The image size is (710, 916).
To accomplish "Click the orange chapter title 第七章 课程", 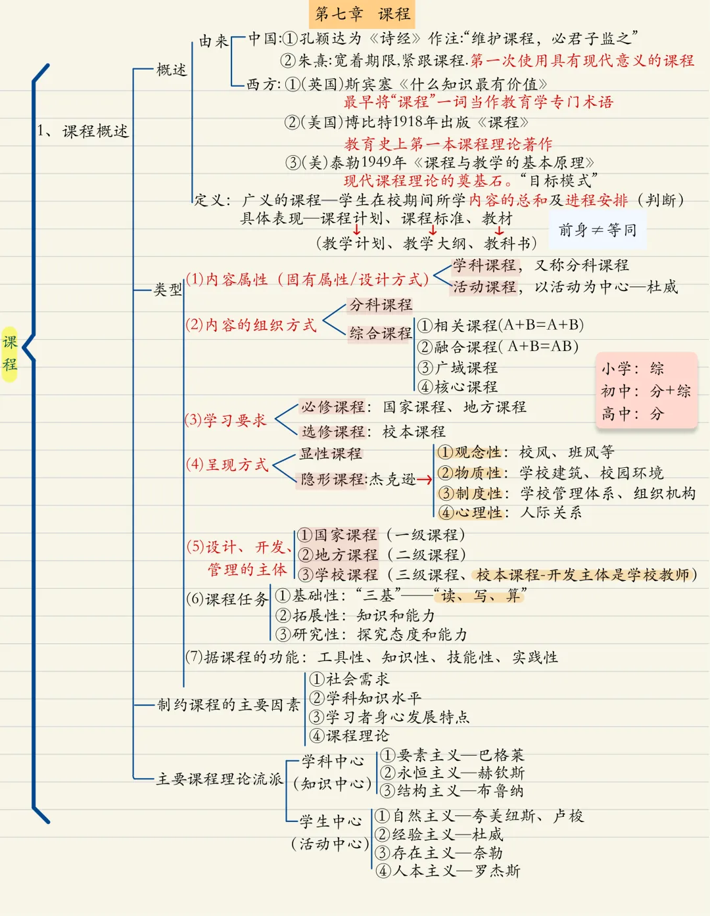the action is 362,14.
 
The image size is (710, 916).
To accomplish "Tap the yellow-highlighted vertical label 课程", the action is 9,354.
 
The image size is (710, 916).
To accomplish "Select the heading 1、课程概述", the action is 83,131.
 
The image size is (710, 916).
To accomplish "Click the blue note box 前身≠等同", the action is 598,230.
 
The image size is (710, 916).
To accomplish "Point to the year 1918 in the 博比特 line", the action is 408,122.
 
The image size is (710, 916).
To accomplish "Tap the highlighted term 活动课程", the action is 485,287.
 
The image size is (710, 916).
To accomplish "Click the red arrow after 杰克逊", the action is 425,479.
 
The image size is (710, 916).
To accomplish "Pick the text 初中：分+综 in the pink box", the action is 646,391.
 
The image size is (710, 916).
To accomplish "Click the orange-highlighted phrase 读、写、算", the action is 480,595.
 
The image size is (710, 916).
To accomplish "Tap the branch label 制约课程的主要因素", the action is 229,704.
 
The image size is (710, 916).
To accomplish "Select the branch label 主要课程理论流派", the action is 219,779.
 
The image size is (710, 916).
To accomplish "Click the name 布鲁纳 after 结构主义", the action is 500,790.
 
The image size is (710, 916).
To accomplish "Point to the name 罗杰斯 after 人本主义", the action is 497,871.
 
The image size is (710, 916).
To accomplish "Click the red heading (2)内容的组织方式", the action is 251,325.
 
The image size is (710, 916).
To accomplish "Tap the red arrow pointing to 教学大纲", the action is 433,229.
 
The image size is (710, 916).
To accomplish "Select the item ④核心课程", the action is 458,386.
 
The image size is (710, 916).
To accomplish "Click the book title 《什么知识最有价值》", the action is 472,85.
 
